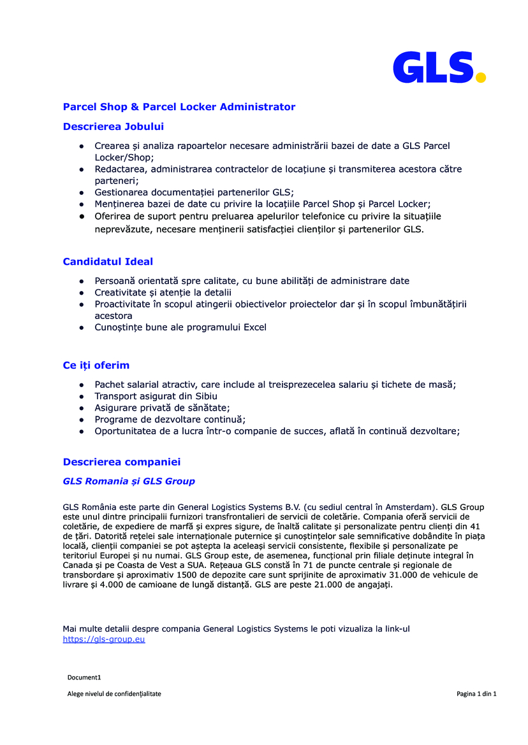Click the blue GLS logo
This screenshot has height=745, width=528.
click(x=434, y=67)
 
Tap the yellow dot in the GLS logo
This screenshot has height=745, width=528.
click(x=480, y=77)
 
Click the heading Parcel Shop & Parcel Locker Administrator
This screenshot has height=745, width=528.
click(x=179, y=107)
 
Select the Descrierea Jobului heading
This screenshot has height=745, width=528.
click(x=114, y=127)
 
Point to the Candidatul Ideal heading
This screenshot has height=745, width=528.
click(x=108, y=262)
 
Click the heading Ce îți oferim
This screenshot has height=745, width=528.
click(x=96, y=365)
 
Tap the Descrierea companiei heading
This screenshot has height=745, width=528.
click(x=122, y=462)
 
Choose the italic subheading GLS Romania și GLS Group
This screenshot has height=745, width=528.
click(x=129, y=481)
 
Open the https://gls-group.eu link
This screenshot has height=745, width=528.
click(x=104, y=639)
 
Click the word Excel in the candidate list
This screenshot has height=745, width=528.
click(x=255, y=327)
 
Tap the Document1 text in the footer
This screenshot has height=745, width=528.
click(x=84, y=678)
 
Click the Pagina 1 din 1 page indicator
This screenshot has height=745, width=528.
click(x=476, y=694)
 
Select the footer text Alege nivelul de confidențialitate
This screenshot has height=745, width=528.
click(x=114, y=694)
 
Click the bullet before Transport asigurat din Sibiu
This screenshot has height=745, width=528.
click(x=82, y=396)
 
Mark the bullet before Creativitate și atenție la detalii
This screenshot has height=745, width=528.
click(x=82, y=292)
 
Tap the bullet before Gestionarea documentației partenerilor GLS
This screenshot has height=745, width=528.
click(x=82, y=192)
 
